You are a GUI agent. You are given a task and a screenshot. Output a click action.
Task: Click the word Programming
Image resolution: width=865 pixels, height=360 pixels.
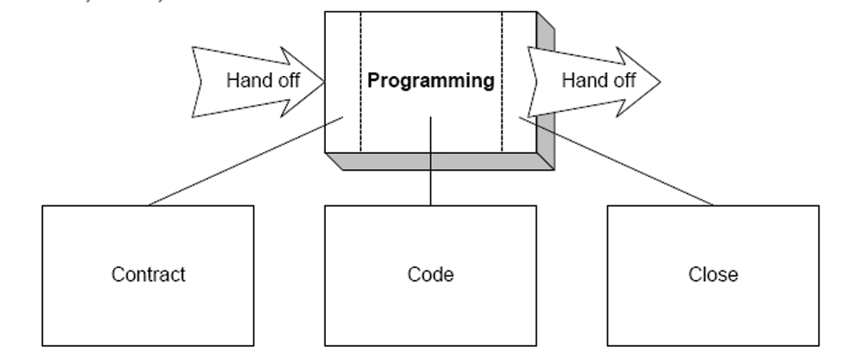[431, 81]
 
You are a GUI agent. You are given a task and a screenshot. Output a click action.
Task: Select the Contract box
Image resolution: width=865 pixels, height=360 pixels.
[147, 304]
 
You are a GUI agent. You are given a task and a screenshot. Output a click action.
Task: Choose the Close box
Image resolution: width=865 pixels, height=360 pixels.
[713, 311]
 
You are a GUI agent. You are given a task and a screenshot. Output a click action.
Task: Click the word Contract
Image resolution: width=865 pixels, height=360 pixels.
[148, 275]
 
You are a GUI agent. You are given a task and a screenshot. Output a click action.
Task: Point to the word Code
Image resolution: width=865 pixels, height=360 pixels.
[430, 275]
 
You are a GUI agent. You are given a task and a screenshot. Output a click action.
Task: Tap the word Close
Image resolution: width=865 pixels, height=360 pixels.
[713, 275]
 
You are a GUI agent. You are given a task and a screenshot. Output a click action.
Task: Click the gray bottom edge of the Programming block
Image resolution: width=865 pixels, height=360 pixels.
[441, 161]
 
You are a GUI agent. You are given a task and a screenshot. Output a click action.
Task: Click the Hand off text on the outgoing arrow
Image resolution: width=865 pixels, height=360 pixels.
[598, 81]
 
